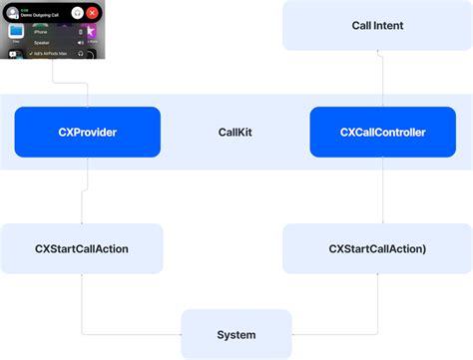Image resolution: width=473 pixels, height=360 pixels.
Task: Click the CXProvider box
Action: click(88, 132)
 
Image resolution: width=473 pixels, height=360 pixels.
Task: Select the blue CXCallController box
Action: click(382, 132)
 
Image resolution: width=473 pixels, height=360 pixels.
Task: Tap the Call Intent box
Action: click(378, 25)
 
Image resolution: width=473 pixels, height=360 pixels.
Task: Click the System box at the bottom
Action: click(236, 334)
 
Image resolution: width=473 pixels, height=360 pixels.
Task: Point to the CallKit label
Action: click(236, 132)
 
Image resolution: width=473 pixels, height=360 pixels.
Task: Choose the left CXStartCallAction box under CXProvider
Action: click(82, 248)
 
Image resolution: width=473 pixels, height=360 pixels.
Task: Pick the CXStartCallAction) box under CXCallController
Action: click(377, 248)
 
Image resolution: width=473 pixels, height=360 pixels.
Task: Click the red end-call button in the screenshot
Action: click(92, 13)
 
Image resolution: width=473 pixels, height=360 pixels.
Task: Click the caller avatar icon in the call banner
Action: click(13, 13)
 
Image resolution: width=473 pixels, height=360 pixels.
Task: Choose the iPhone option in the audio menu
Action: click(41, 32)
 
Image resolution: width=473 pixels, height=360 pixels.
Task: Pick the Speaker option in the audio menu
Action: click(42, 43)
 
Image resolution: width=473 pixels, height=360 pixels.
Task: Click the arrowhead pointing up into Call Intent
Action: click(378, 54)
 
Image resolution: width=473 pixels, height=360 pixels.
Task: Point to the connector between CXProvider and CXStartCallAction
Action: click(82, 190)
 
